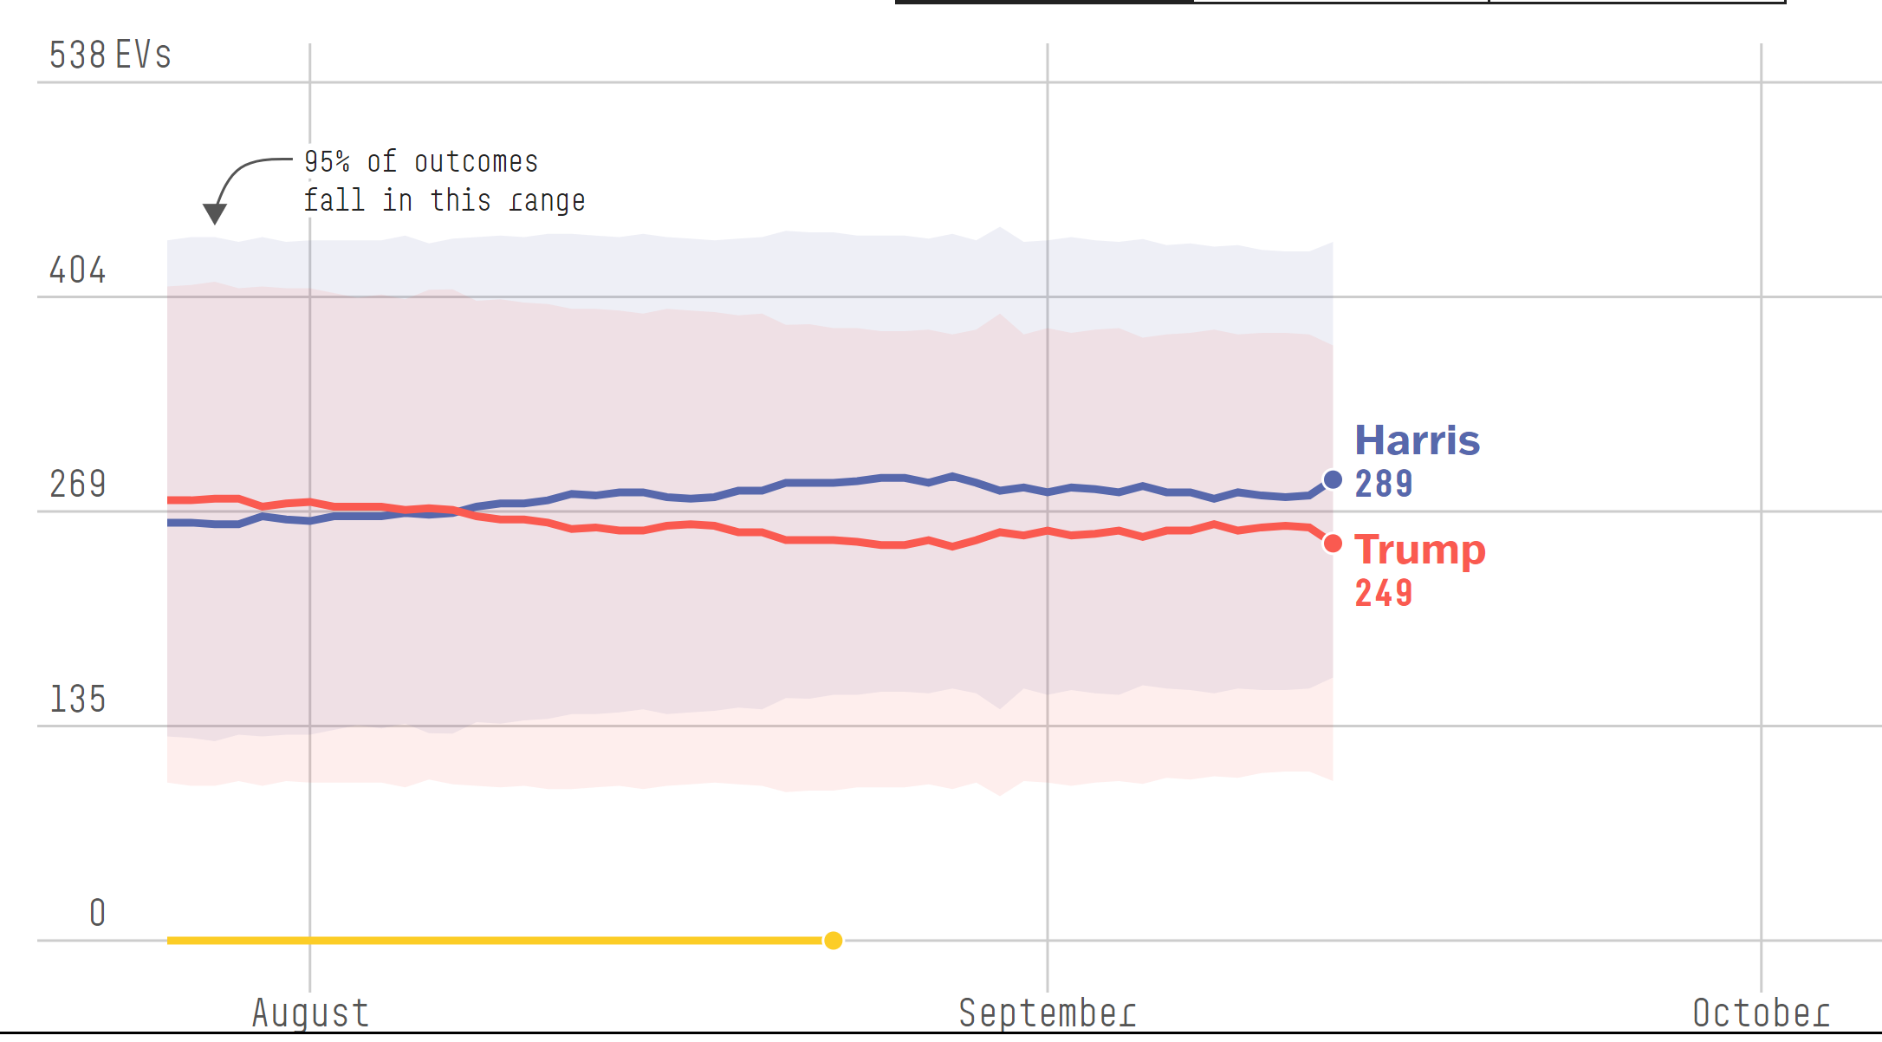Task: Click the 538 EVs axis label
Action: [x=110, y=55]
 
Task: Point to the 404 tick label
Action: [x=77, y=270]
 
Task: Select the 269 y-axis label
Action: [x=77, y=485]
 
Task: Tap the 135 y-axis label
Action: [x=77, y=700]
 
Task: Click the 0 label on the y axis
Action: [x=97, y=913]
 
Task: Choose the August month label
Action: [x=310, y=1013]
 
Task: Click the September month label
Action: [x=1047, y=1013]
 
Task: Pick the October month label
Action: [x=1761, y=1013]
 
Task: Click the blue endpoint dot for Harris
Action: [x=1333, y=479]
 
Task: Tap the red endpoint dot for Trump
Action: [x=1333, y=544]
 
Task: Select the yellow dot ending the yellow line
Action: [x=833, y=941]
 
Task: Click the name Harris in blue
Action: [x=1417, y=440]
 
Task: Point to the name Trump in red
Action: [x=1419, y=550]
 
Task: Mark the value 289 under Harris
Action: [x=1384, y=484]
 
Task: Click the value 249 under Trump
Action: [x=1384, y=593]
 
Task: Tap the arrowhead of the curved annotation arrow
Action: [x=214, y=213]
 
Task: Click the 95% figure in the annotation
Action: [x=327, y=162]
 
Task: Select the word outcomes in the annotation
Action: [x=476, y=162]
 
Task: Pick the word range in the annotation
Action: [x=547, y=201]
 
